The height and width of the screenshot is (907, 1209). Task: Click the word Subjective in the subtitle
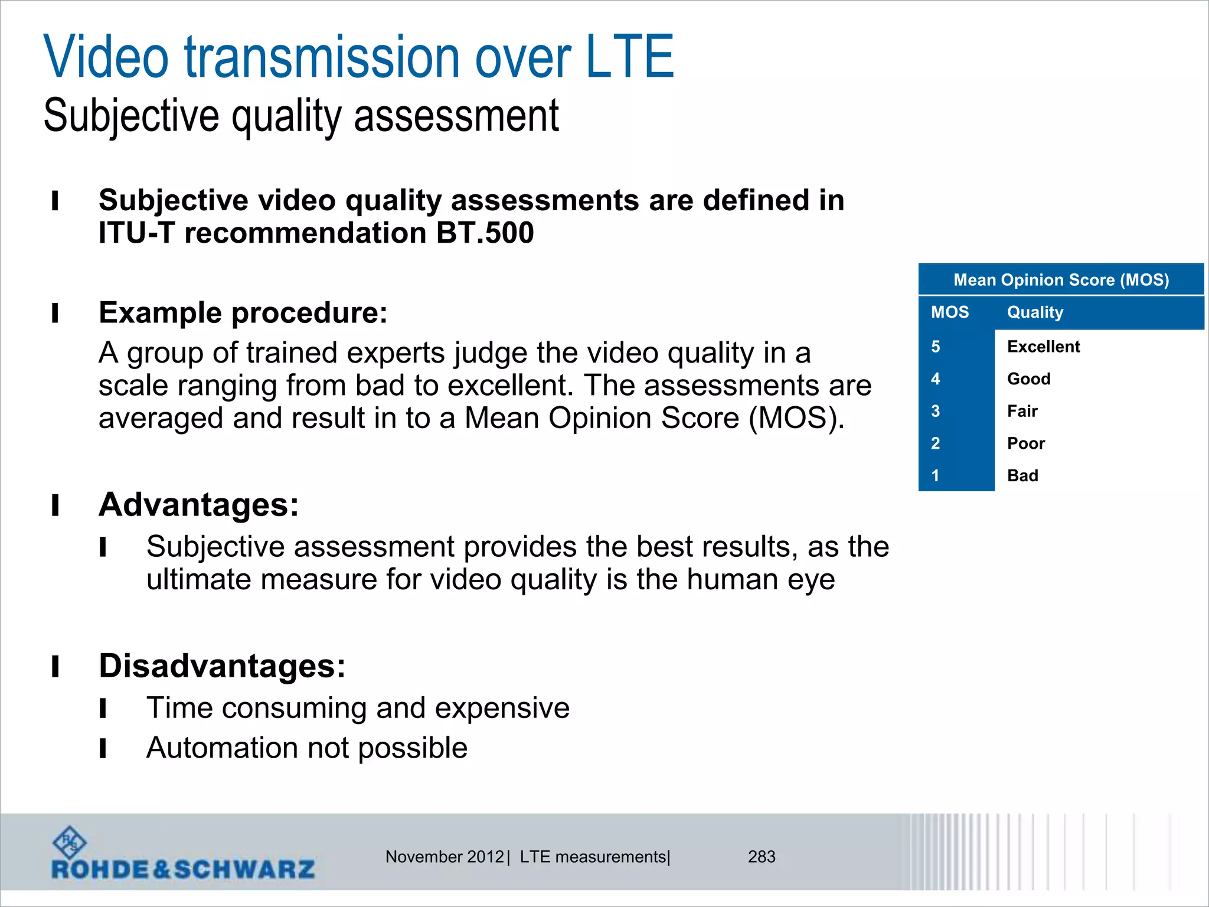131,116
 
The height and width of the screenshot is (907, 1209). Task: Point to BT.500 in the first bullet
485,233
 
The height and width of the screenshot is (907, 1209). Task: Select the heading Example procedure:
243,312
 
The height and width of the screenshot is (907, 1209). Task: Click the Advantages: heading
198,505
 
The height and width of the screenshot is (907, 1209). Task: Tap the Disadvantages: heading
222,666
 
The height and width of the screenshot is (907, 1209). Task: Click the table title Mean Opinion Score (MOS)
1061,280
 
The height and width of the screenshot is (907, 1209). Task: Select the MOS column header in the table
949,312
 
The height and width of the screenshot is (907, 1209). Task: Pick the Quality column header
1035,312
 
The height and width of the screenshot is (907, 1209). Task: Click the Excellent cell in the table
1043,347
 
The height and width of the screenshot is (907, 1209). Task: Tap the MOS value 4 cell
936,379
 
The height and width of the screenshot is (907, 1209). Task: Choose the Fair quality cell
1022,411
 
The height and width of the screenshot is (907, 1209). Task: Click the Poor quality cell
1025,443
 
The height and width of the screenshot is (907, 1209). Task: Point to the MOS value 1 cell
936,476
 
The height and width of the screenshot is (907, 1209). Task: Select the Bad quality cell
1022,476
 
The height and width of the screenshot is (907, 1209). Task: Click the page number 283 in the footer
761,857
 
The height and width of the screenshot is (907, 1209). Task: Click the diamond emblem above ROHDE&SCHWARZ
70,842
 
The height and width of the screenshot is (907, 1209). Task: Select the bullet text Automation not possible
306,748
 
